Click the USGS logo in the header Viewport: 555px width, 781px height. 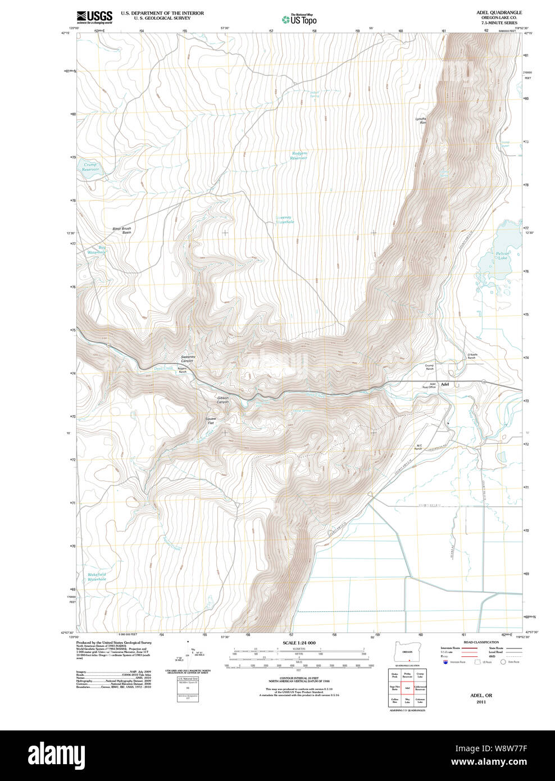click(x=94, y=17)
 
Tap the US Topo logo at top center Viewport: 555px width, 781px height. click(x=299, y=19)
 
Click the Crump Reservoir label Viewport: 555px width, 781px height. click(x=90, y=167)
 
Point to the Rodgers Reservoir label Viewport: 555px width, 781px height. click(x=299, y=156)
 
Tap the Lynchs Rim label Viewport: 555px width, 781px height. click(x=421, y=120)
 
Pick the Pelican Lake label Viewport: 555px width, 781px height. click(x=502, y=256)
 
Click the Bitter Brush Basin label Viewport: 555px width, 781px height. click(x=122, y=230)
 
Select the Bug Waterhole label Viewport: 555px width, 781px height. click(x=97, y=250)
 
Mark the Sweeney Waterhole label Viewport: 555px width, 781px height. click(x=285, y=220)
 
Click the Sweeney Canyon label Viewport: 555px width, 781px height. click(x=188, y=358)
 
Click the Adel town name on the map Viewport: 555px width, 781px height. click(x=445, y=384)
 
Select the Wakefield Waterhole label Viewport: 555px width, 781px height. click(x=97, y=576)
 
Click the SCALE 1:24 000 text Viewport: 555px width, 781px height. click(x=299, y=643)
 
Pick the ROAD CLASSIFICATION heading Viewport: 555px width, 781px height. click(x=481, y=642)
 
